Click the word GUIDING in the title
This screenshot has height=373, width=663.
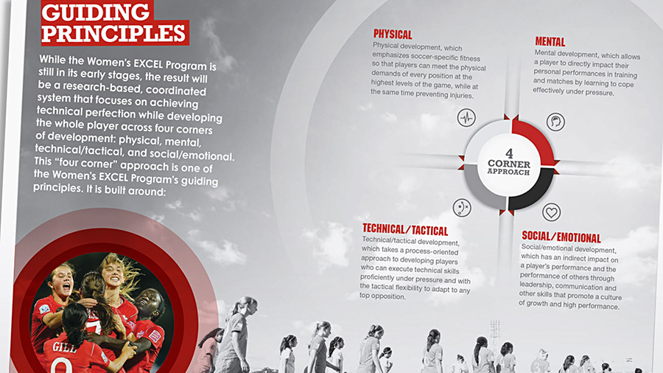coord(96,12)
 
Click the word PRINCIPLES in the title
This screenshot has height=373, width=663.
coord(113,33)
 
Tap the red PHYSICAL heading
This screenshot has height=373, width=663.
coord(393,34)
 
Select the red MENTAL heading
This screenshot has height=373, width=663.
coord(550,42)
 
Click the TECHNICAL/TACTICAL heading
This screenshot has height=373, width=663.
coord(405,230)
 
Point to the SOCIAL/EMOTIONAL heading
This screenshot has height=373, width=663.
coord(561,237)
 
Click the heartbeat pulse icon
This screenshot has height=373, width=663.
coord(466,117)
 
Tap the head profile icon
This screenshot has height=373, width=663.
coord(555,122)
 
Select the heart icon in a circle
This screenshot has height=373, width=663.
coord(551,212)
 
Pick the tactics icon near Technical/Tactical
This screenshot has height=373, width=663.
coord(462,208)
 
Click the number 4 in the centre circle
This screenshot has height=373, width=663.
coord(509,153)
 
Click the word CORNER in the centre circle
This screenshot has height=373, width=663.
coord(508,164)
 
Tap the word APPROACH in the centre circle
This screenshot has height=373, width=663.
coord(508,172)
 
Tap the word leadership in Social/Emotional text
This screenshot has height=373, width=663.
coord(535,285)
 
